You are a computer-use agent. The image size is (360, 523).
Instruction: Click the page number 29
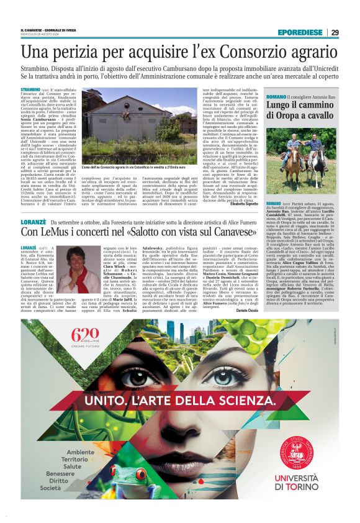(x=334, y=33)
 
